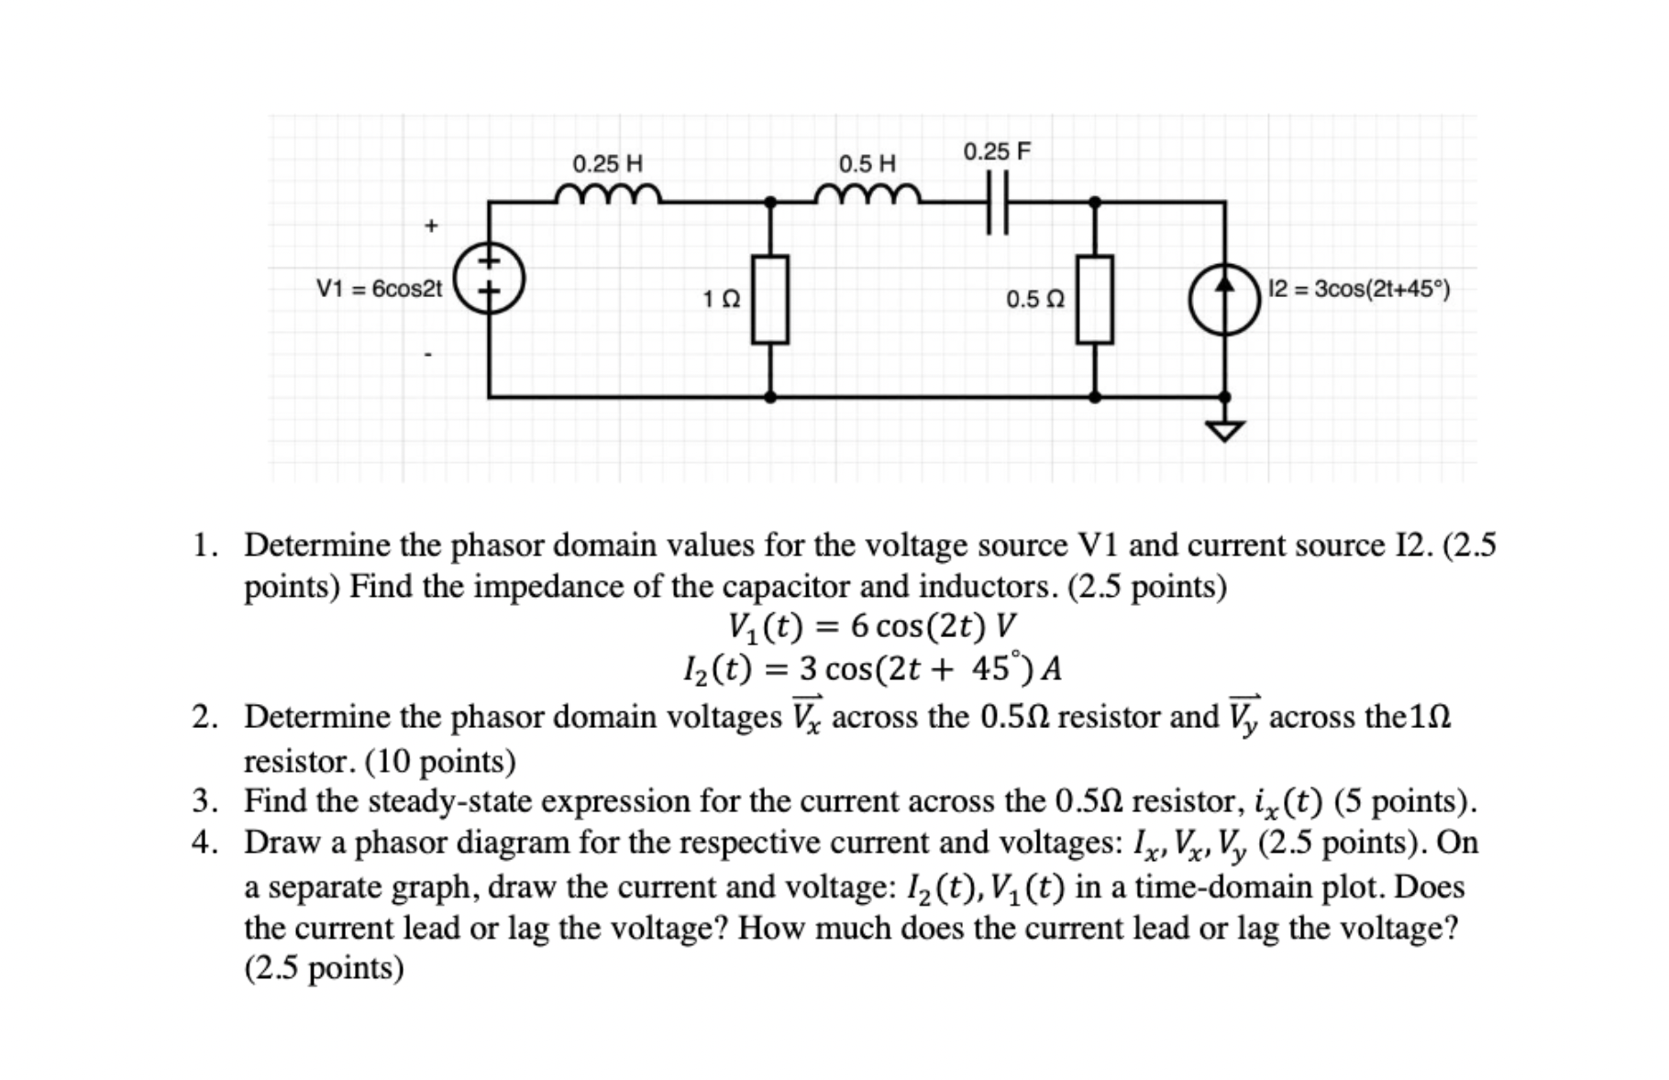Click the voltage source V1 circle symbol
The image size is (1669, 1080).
tap(490, 277)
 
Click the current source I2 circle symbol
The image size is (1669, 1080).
tap(1224, 298)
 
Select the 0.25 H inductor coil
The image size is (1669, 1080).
tap(608, 194)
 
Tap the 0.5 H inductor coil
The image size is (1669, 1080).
tap(868, 194)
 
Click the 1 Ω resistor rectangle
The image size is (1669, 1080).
tap(770, 300)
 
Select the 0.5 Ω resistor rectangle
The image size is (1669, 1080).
tap(1094, 300)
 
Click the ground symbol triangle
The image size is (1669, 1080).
tap(1225, 429)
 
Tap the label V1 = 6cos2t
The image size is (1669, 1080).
tap(379, 289)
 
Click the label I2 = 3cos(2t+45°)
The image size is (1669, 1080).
tap(1359, 289)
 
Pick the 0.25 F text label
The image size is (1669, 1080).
tap(997, 151)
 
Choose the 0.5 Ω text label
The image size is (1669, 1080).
tap(1035, 300)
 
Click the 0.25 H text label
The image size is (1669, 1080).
tap(607, 164)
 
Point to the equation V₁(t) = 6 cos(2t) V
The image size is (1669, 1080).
tap(871, 626)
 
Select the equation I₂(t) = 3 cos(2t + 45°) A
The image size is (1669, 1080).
tap(871, 668)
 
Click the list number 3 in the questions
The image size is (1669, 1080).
tap(204, 801)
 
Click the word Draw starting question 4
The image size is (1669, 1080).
tap(281, 843)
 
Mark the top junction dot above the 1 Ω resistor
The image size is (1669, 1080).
tap(770, 202)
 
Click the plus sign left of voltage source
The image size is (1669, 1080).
tap(431, 225)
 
